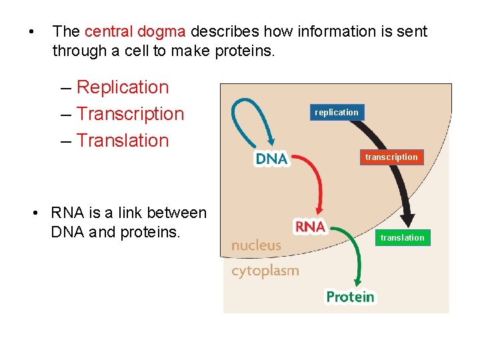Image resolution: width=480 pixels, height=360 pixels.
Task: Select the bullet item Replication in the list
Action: coord(123,87)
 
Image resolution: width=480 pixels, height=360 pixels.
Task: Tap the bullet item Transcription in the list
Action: coord(130,114)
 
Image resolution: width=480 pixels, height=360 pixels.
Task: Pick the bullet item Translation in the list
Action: coord(123,141)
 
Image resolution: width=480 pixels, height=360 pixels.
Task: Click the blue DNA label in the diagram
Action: coord(271,159)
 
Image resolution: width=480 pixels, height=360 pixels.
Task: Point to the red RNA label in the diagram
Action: coord(309,227)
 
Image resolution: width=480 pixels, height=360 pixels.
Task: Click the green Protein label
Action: coord(350,297)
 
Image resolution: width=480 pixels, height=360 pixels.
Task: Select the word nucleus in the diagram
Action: coord(256,245)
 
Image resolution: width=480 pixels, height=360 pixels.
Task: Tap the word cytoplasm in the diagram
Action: coord(265,271)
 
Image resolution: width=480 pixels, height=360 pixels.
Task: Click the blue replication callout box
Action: coord(337,113)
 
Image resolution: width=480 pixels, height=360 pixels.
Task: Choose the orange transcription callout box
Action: coord(391,157)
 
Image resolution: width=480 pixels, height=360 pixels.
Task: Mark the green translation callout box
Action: coord(402,238)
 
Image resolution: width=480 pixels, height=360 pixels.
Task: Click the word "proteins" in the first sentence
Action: coord(244,51)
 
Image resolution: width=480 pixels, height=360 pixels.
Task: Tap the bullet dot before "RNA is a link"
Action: coord(37,213)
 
